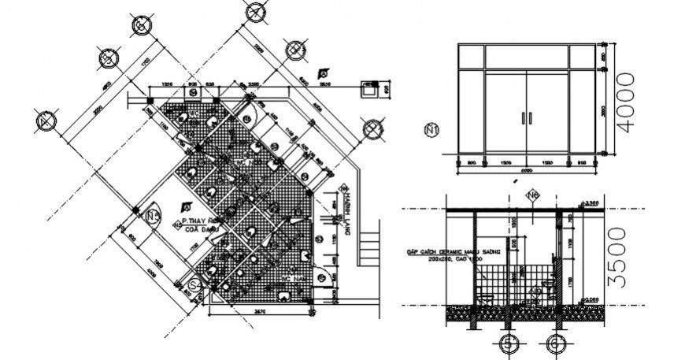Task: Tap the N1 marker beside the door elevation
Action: point(431,130)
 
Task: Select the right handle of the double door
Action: point(531,118)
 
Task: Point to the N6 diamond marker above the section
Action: point(533,195)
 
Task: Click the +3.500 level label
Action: point(592,203)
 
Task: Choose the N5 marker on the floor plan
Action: point(154,213)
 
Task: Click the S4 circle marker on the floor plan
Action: point(194,283)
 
